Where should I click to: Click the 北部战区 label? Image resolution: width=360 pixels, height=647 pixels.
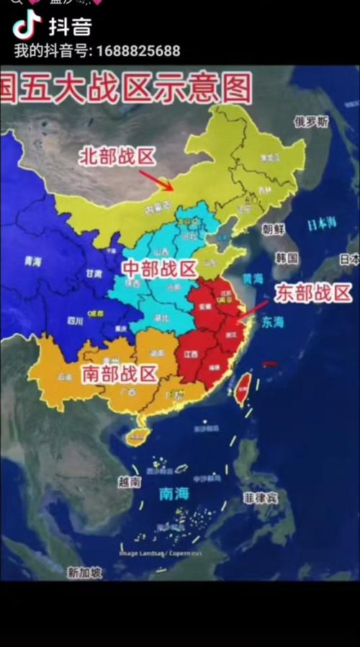117,156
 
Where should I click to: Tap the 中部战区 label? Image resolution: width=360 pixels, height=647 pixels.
160,269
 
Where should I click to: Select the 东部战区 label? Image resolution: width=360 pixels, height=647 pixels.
314,293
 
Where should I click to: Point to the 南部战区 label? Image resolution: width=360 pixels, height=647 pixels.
120,373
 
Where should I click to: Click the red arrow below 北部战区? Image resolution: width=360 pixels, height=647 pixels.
156,180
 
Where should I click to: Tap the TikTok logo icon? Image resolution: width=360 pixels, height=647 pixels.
27,26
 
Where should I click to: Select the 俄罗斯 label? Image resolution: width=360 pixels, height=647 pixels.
311,122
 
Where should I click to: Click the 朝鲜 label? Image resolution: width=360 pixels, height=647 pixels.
274,230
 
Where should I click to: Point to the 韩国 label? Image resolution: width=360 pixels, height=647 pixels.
287,258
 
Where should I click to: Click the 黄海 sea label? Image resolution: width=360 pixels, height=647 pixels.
253,279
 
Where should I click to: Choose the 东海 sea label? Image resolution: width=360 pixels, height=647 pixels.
273,322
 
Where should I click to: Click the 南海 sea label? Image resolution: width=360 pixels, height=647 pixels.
174,494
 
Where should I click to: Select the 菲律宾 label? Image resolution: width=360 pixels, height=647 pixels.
261,497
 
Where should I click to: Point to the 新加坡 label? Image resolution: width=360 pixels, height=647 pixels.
85,573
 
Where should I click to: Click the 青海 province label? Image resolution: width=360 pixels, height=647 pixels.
32,262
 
